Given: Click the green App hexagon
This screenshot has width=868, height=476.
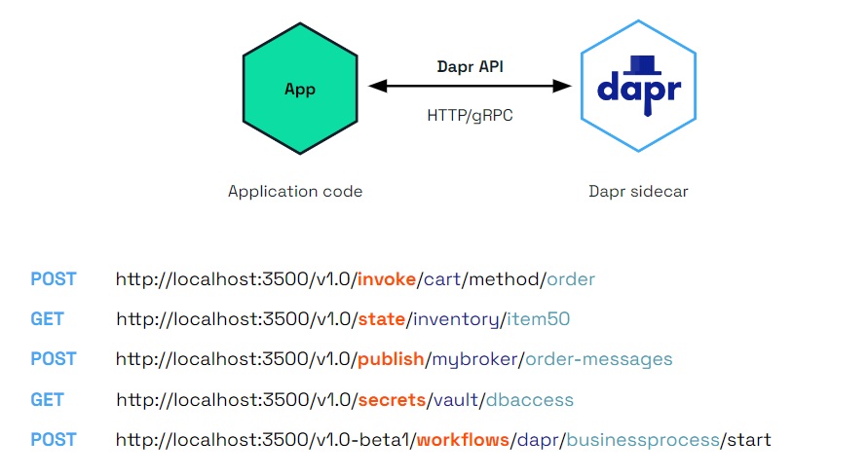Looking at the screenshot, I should pyautogui.click(x=299, y=89).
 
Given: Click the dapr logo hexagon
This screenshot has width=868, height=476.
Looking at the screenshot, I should pyautogui.click(x=638, y=88).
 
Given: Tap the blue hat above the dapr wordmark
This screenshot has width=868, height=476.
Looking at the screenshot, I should pyautogui.click(x=640, y=64).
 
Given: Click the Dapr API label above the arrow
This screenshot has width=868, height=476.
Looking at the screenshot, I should pyautogui.click(x=470, y=67).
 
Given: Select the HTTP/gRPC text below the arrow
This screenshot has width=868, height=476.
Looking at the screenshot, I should pyautogui.click(x=470, y=115).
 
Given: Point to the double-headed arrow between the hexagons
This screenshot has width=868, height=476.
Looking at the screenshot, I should pyautogui.click(x=470, y=87).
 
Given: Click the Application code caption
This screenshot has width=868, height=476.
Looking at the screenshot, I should pyautogui.click(x=295, y=191).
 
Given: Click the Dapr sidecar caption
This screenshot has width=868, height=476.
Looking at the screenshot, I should pyautogui.click(x=638, y=191).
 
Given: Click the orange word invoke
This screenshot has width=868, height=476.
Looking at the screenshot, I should pyautogui.click(x=387, y=279).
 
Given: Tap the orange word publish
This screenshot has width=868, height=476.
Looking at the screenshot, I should pyautogui.click(x=390, y=359).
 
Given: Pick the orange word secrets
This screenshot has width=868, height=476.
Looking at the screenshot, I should pyautogui.click(x=389, y=399).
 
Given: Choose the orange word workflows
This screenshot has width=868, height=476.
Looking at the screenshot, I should pyautogui.click(x=463, y=440).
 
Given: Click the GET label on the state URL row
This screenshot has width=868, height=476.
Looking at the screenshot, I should pyautogui.click(x=47, y=319).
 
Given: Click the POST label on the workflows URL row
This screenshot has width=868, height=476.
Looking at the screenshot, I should pyautogui.click(x=53, y=440).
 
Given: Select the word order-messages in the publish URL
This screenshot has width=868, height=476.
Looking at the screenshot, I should pyautogui.click(x=598, y=359).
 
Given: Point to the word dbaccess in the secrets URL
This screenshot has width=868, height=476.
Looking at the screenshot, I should pyautogui.click(x=532, y=399).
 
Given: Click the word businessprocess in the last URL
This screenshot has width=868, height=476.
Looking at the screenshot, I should pyautogui.click(x=642, y=440).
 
